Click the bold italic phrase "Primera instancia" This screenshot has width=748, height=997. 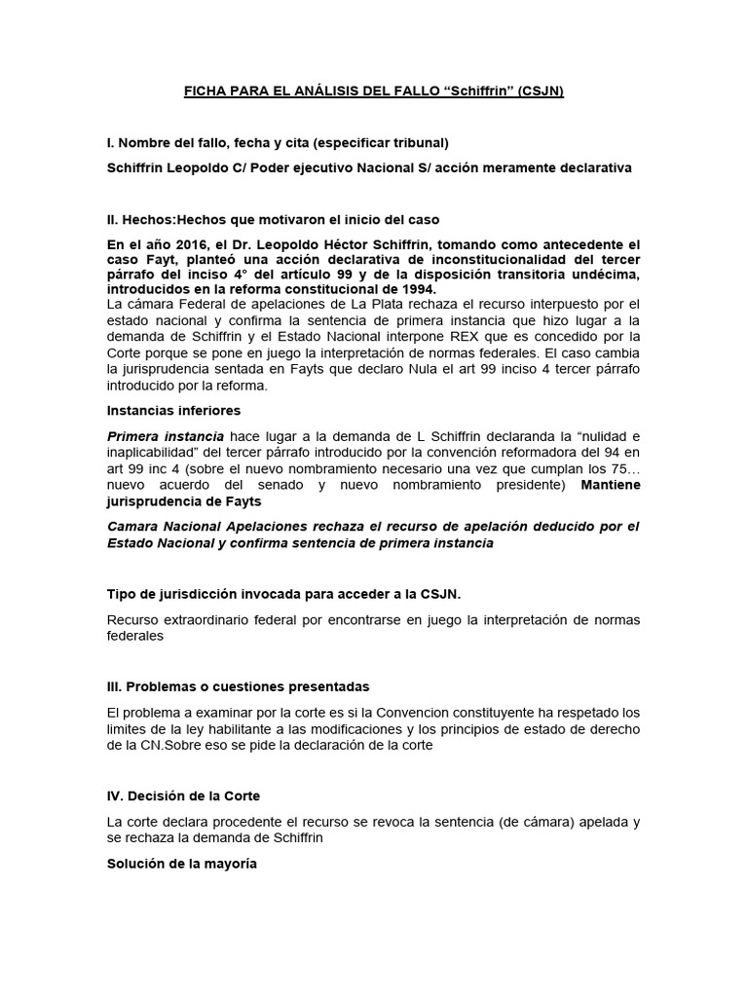point(166,436)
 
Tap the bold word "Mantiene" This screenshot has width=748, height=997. point(611,484)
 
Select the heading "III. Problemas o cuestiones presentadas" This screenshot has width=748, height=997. point(238,686)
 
